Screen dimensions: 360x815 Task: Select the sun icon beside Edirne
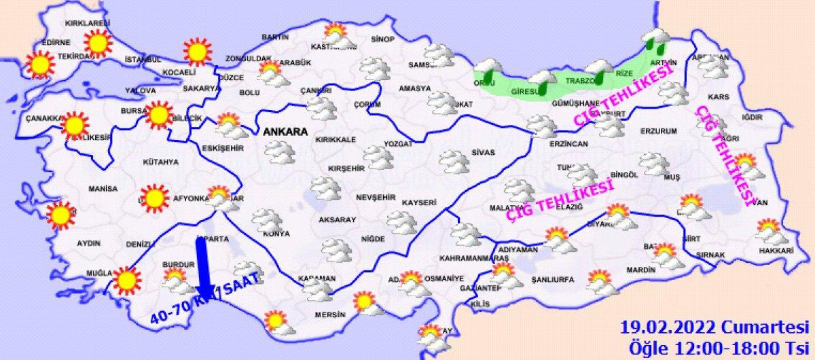(x=39, y=65)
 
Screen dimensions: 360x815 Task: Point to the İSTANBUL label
(x=142, y=60)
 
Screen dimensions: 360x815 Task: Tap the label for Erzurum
(x=659, y=130)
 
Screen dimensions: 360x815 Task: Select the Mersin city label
(x=331, y=314)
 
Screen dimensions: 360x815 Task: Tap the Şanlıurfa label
(x=552, y=279)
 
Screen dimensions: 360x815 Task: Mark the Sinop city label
(x=383, y=39)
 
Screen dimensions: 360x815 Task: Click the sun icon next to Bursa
(x=159, y=115)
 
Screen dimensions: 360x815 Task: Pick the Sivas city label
(x=483, y=152)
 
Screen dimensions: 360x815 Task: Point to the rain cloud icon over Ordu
(x=486, y=71)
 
